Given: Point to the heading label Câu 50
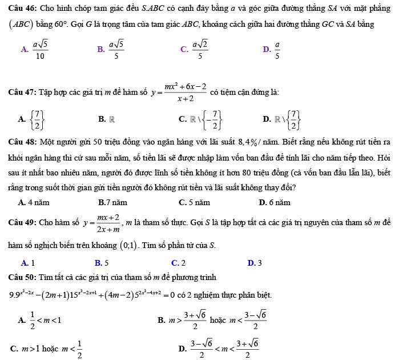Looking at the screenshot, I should coord(22,278).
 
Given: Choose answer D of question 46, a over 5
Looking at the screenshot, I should coord(277,50).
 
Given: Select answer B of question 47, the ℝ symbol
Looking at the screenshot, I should coord(112,119).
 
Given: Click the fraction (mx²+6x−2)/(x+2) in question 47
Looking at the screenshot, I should coord(186,92).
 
